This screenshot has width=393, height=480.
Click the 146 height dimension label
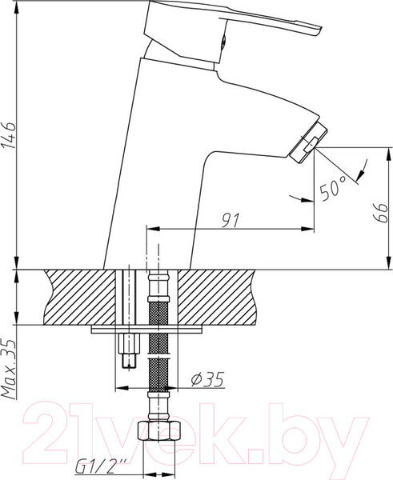click(x=9, y=135)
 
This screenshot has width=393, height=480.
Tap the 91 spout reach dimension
click(x=230, y=221)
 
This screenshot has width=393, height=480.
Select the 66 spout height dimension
click(x=380, y=211)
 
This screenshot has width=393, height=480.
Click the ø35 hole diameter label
click(x=208, y=379)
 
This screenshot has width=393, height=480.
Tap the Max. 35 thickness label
click(x=9, y=369)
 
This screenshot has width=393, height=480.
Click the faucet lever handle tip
click(x=319, y=31)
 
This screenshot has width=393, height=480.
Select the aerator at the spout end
click(x=308, y=143)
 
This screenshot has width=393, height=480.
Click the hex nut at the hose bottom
click(x=158, y=430)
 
